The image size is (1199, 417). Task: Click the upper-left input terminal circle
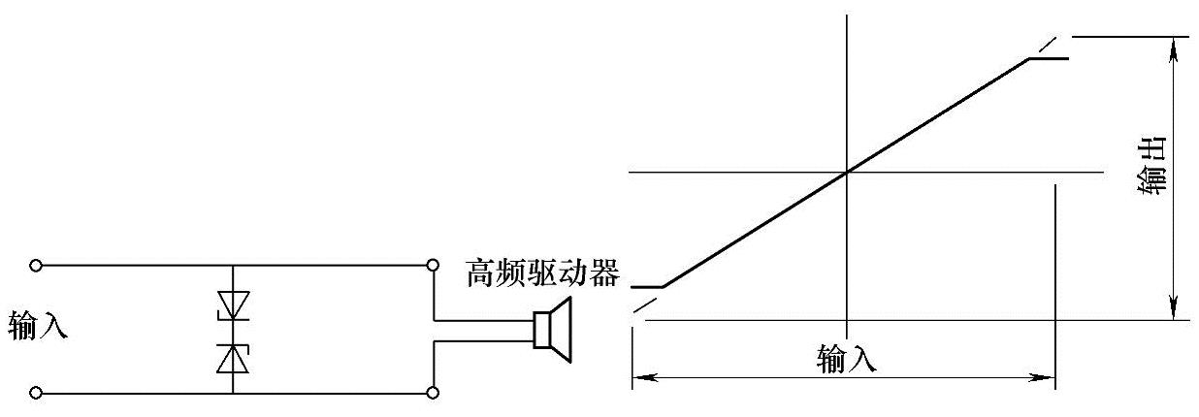point(36,265)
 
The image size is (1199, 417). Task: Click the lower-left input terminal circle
point(36,393)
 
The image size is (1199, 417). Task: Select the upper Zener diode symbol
point(233,305)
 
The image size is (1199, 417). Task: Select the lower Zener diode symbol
point(233,357)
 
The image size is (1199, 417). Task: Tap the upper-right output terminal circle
point(433,265)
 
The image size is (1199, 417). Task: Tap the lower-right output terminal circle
point(433,393)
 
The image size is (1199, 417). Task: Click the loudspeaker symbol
point(554,330)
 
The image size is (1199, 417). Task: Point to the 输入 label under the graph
point(847,360)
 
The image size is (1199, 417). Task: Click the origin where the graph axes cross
point(848,173)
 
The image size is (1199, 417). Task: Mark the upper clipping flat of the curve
point(1049,58)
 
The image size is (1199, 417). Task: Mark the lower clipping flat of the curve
point(647,287)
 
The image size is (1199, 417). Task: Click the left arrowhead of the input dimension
point(639,376)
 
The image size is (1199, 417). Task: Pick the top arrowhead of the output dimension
point(1175,45)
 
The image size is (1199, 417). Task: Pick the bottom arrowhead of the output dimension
point(1175,311)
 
